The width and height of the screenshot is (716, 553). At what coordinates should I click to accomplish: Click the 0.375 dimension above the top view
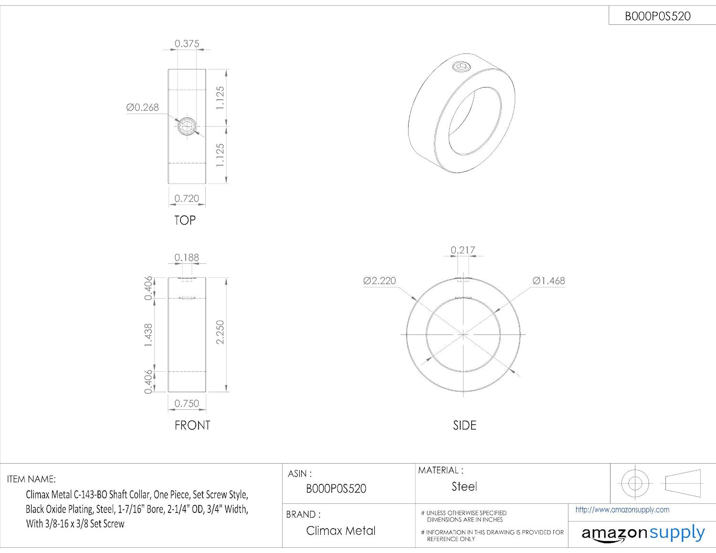pos(187,43)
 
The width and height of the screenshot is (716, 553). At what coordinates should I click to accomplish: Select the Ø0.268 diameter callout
pos(142,107)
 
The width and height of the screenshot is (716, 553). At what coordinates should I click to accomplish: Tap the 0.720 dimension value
pos(187,198)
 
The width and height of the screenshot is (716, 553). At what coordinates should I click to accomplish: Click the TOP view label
pos(185,220)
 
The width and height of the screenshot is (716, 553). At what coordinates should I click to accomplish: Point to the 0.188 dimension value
pos(187,258)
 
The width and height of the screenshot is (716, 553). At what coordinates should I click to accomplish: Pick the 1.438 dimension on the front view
pos(148,335)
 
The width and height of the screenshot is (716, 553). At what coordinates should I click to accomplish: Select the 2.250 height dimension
pos(220,332)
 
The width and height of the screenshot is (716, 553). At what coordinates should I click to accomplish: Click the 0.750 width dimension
pos(187,404)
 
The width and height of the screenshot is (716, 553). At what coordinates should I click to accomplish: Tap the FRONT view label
pos(192,425)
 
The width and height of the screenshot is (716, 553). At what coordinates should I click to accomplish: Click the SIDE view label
pos(464,425)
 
